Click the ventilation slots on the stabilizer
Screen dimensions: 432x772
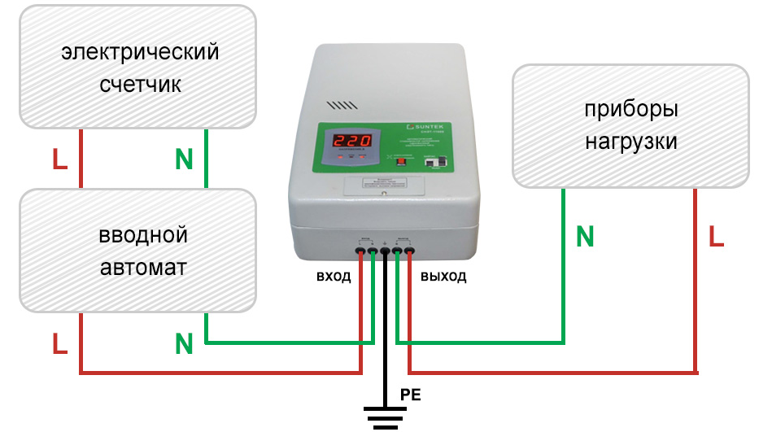coord(341,106)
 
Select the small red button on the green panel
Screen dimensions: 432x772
coord(399,161)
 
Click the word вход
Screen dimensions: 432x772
coord(334,277)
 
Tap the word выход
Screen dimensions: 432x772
coord(443,277)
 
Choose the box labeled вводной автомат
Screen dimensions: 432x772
coord(139,251)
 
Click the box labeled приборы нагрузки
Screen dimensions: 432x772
coord(630,126)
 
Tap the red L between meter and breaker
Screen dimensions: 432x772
coord(59,159)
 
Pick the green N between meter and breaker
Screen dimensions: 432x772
coord(184,159)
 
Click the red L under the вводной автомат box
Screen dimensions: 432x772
coord(59,345)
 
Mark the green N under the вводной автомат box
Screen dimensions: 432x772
coord(184,345)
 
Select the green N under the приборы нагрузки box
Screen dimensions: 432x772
coord(584,238)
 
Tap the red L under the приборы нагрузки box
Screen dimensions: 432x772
coord(715,238)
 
